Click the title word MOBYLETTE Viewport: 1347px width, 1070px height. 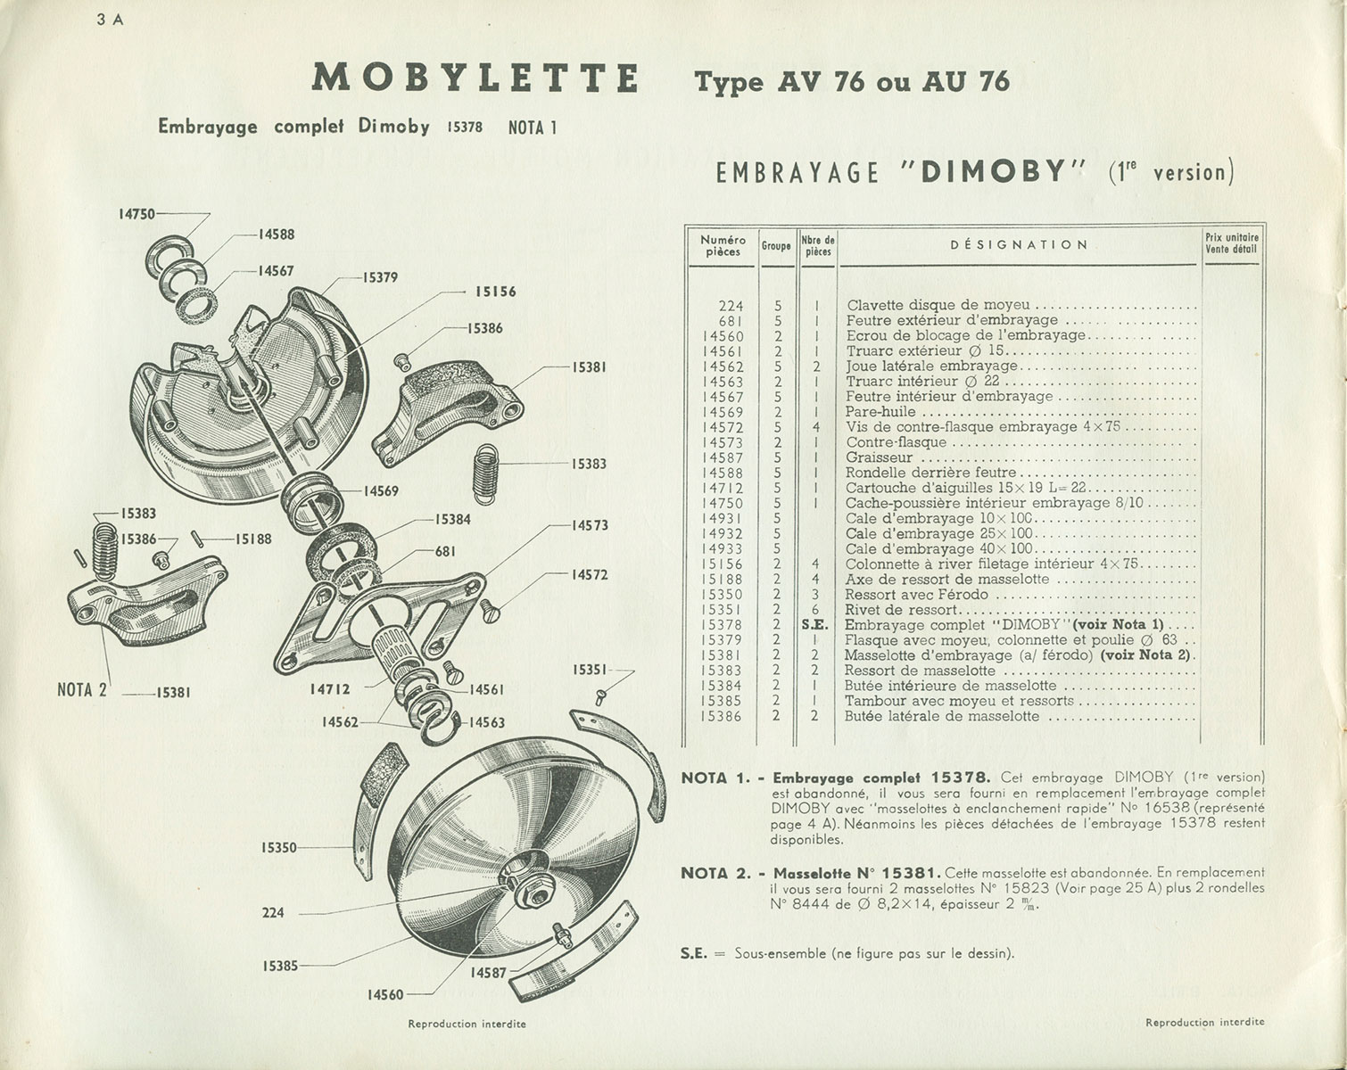coord(475,78)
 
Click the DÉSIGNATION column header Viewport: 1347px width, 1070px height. coord(1018,244)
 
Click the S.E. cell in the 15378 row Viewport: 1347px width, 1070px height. coord(815,624)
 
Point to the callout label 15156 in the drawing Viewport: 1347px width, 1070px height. coord(495,292)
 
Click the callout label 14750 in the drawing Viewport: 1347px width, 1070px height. coord(136,214)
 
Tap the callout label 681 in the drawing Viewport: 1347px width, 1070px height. coord(446,551)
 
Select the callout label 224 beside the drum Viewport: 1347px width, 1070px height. coord(273,912)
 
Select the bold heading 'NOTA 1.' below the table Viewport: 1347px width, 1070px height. coord(713,778)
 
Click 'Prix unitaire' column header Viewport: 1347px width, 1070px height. coord(1230,237)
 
